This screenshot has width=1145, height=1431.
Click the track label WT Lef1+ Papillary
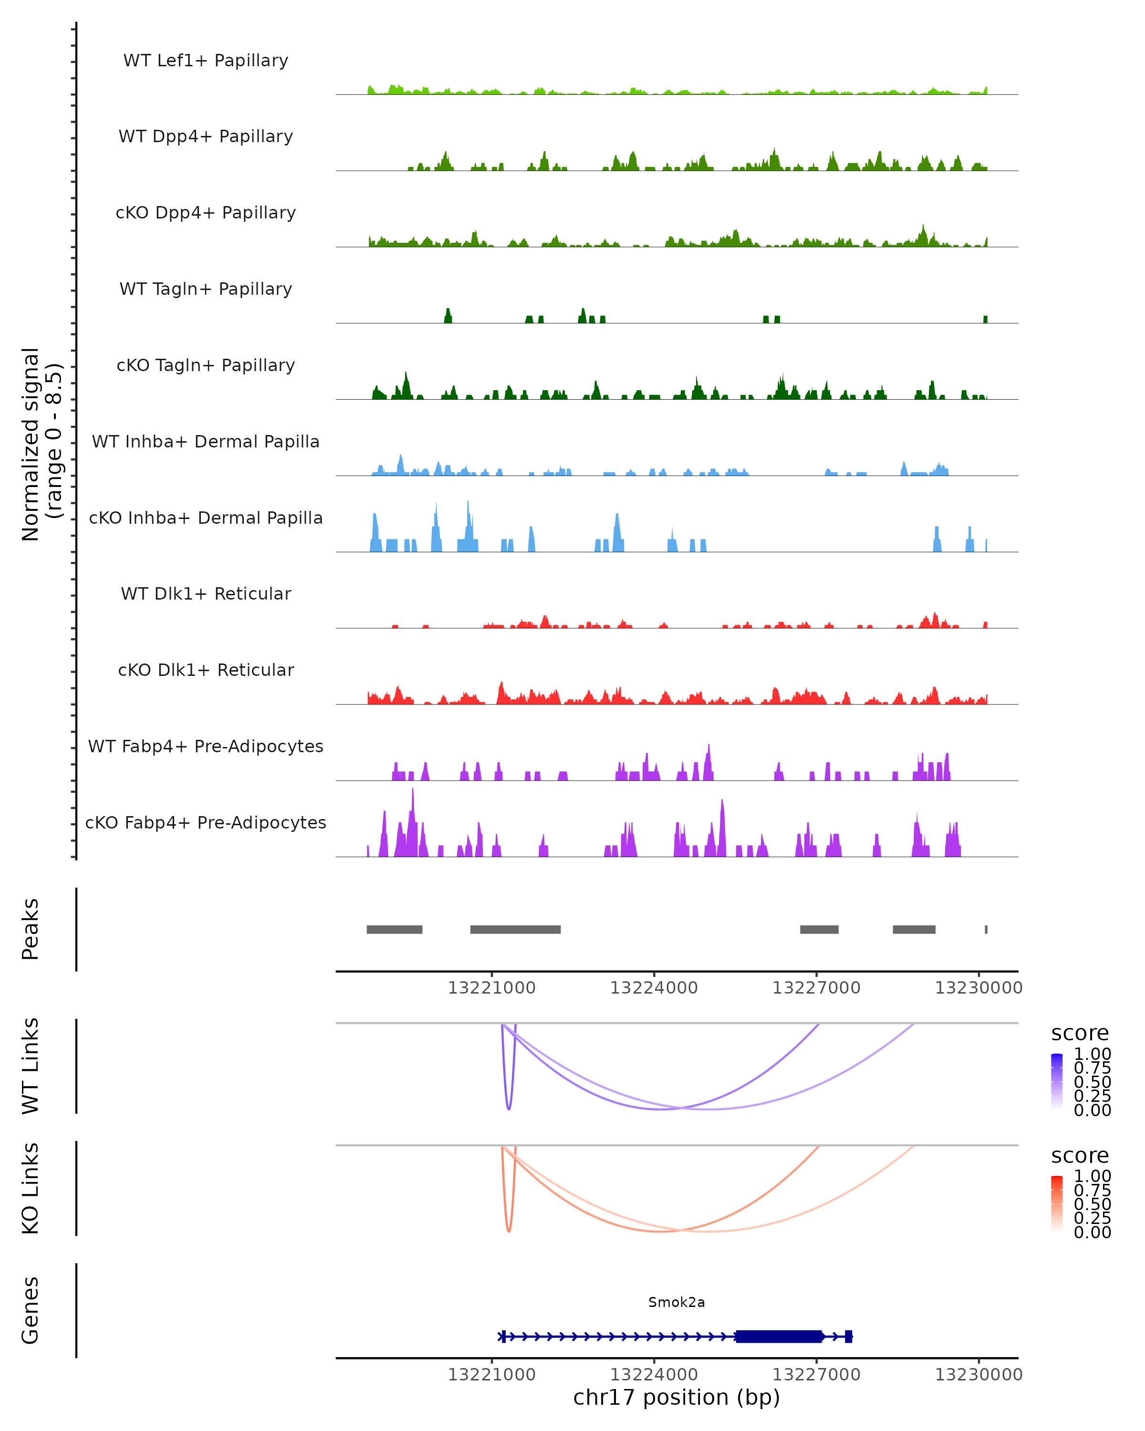(206, 61)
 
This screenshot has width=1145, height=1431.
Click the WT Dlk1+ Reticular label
(206, 593)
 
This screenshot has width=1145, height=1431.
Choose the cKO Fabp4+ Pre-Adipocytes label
(206, 822)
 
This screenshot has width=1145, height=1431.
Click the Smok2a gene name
(677, 1302)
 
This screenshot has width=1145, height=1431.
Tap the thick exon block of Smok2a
(779, 1336)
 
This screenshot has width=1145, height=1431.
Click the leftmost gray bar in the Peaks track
(394, 929)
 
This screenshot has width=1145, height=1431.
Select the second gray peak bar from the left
(515, 929)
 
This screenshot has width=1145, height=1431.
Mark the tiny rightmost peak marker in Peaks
(986, 929)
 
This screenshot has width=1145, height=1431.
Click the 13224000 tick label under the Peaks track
(654, 988)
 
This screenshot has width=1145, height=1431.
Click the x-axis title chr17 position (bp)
(677, 1398)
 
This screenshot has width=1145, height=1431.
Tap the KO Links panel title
(31, 1188)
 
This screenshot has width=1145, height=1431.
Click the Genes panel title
(31, 1310)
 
